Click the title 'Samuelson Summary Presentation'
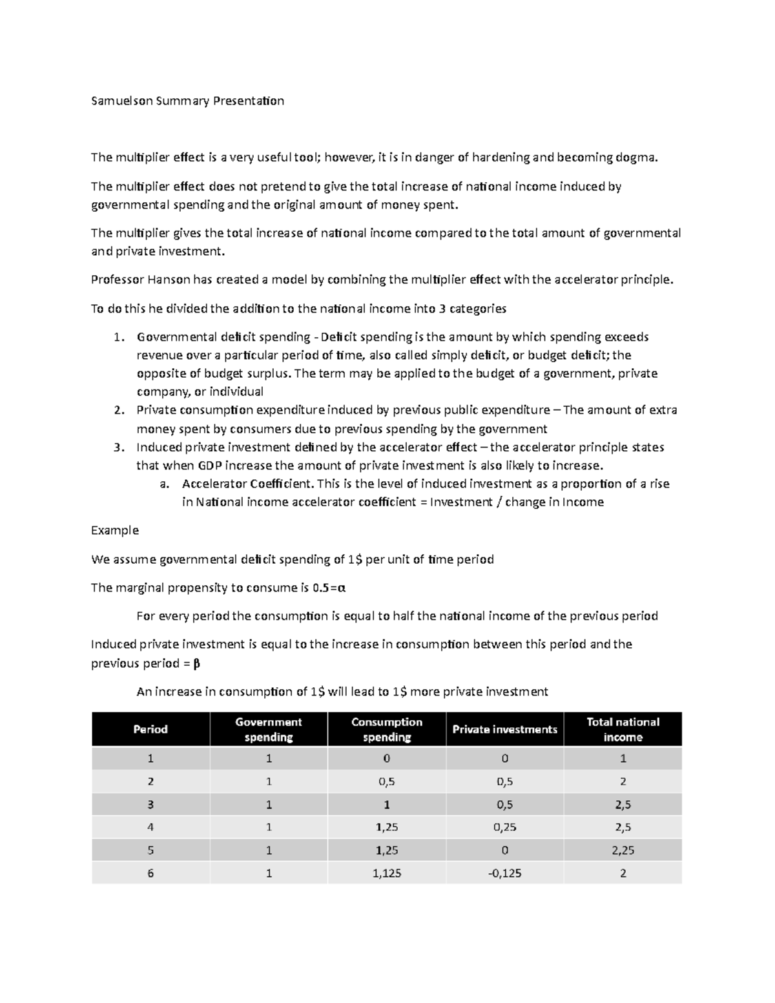[x=187, y=101]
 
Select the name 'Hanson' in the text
[x=169, y=280]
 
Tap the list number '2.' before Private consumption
[x=118, y=410]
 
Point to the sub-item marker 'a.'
[x=164, y=484]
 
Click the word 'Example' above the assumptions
[x=115, y=530]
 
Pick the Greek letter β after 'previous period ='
[x=197, y=663]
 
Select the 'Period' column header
[x=150, y=729]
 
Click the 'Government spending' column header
[x=269, y=729]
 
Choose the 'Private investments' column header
[x=504, y=729]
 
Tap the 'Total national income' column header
[x=623, y=729]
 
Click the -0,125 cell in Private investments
[x=504, y=873]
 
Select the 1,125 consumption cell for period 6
[x=387, y=873]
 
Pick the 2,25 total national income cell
[x=623, y=850]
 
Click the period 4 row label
[x=150, y=827]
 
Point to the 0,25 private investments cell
[x=504, y=827]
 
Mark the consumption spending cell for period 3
[x=387, y=805]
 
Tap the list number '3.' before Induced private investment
[x=118, y=448]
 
